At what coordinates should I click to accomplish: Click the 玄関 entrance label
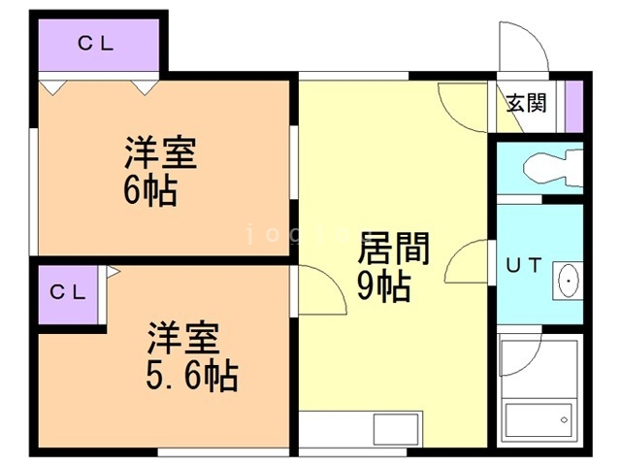tap(527, 102)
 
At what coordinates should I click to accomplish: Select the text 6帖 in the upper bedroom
tap(150, 189)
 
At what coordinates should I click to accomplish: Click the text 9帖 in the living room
tap(382, 286)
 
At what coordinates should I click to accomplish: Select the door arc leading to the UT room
tap(470, 260)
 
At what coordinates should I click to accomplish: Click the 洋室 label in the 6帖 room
tap(161, 153)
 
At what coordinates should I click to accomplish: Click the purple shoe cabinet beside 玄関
tap(573, 100)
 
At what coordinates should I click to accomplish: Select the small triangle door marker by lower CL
tap(113, 275)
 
